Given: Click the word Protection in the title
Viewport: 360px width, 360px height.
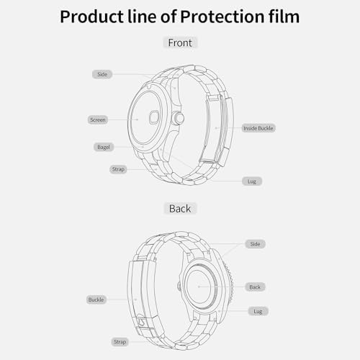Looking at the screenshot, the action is [x=222, y=17].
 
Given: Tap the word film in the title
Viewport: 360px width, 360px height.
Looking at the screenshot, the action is [x=284, y=17].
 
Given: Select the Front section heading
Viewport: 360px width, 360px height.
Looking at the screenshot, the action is [x=180, y=42].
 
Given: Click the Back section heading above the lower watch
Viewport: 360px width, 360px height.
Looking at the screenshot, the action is [x=180, y=209].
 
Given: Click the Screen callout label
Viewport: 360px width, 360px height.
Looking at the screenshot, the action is [x=98, y=120].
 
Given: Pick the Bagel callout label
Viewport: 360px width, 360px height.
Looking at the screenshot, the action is [x=104, y=147].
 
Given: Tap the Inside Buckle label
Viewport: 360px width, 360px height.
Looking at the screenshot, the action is [x=258, y=128].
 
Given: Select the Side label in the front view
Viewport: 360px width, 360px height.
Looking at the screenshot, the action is [x=102, y=74].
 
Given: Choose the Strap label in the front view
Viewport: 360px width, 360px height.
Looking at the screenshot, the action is [x=118, y=169].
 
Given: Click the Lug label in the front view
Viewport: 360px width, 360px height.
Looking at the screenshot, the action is [x=252, y=181].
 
